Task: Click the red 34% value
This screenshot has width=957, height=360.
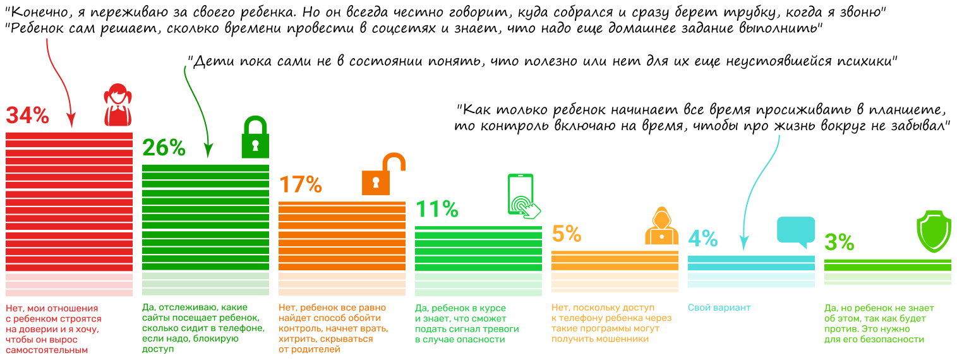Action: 27,115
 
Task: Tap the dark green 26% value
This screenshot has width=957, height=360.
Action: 164,147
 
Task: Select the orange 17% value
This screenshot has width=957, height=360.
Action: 300,184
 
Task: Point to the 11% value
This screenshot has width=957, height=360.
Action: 436,209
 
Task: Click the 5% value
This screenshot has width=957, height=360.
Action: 566,234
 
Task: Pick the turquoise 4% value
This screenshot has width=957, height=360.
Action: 702,239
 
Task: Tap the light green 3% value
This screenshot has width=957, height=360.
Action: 839,243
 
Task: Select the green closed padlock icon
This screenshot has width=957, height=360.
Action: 255,137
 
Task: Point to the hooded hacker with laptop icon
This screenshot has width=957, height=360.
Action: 661,225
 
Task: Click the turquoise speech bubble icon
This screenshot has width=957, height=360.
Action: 795,231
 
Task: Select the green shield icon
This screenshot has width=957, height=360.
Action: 933,234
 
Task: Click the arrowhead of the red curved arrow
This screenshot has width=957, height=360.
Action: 71,122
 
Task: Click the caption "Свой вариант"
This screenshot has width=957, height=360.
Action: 719,308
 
